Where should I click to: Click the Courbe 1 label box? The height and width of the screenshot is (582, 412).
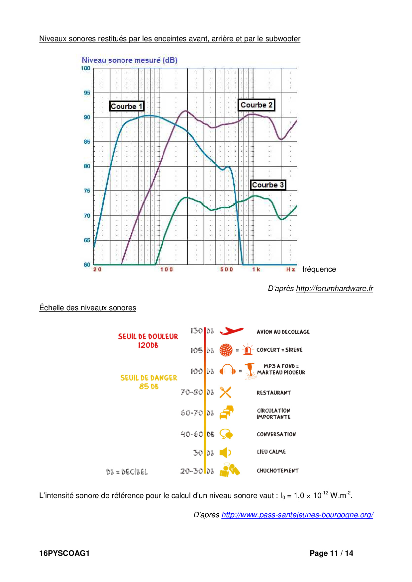(x=127, y=106)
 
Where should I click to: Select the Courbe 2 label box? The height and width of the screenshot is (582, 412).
(x=257, y=105)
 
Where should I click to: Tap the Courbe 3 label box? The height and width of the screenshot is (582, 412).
(x=268, y=185)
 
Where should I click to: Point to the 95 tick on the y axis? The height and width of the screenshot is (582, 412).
(x=87, y=93)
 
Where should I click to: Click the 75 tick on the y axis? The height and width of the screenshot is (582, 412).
(x=87, y=191)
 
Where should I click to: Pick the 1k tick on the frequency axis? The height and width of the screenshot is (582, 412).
(x=256, y=269)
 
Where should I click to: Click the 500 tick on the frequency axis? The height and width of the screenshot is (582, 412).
(x=227, y=269)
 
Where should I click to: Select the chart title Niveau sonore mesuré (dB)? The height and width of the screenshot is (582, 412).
(x=129, y=60)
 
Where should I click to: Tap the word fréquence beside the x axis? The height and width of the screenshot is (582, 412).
(x=319, y=269)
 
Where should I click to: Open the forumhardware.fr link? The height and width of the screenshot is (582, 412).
(x=334, y=288)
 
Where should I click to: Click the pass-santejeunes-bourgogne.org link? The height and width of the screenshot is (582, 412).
(x=297, y=515)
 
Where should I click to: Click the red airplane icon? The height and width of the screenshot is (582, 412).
(x=231, y=331)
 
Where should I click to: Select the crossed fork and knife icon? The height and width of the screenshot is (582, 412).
(x=225, y=392)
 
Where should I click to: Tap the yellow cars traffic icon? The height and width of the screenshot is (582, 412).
(x=227, y=412)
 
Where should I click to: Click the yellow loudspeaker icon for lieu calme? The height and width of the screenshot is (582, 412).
(x=225, y=452)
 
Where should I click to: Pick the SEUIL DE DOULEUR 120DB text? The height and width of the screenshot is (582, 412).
(x=148, y=341)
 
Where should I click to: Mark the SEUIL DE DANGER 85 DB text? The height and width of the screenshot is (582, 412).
(x=149, y=382)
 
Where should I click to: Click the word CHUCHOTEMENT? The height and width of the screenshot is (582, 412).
(x=277, y=471)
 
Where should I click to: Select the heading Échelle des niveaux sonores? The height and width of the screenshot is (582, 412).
(x=88, y=308)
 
